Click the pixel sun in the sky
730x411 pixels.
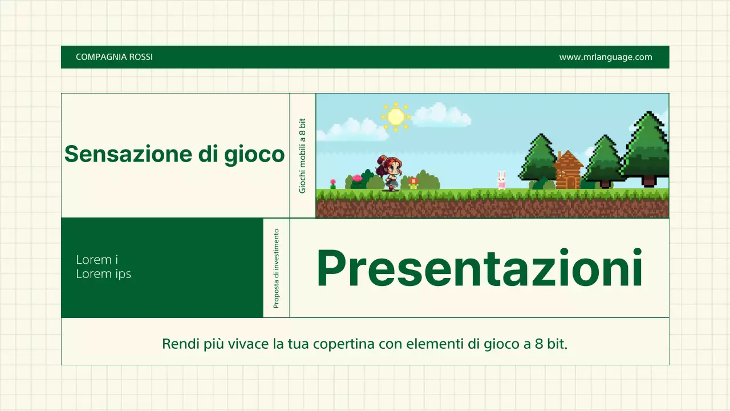[395, 116]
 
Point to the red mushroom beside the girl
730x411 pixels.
[413, 182]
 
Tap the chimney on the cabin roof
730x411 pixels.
[560, 156]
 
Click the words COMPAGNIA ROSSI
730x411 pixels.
[114, 57]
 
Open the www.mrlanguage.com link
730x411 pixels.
[605, 57]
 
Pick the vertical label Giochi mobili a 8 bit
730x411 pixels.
[302, 155]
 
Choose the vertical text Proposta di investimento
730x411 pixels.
[276, 268]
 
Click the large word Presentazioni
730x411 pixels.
[479, 268]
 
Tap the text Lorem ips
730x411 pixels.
[103, 274]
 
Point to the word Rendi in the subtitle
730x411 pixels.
[178, 344]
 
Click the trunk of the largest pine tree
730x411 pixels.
[649, 181]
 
